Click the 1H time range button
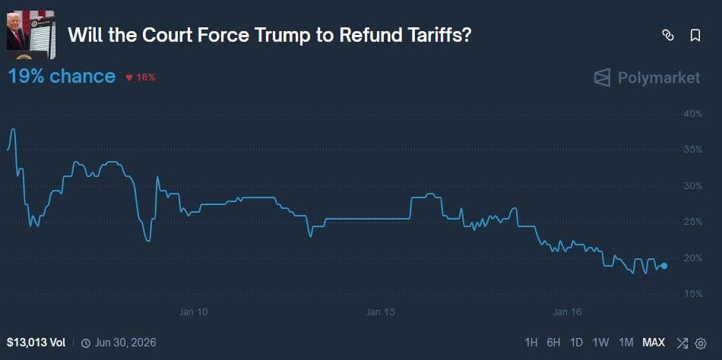click(531, 343)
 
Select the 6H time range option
click(553, 343)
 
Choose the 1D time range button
click(576, 343)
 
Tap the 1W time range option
click(600, 343)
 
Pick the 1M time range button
click(626, 343)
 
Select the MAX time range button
click(654, 343)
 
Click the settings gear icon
click(701, 343)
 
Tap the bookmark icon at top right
click(695, 35)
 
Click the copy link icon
click(668, 35)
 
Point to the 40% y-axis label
click(692, 114)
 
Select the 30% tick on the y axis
click(692, 186)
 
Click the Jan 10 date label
click(193, 312)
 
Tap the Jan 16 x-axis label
click(567, 312)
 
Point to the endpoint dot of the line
click(664, 266)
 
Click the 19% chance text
click(62, 77)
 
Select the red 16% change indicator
click(141, 77)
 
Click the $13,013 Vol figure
click(36, 343)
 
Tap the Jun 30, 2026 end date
click(124, 343)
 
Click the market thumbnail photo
click(30, 34)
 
